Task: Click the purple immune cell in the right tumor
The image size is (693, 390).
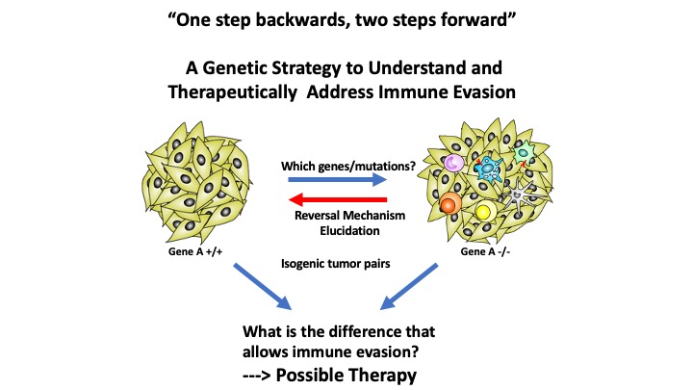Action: coord(453,163)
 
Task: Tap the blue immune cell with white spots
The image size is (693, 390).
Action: coord(487,169)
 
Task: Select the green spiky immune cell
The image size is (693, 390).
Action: coord(525,153)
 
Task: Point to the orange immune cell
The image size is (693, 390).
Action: coord(450,204)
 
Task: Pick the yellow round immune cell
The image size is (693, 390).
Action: coord(484,211)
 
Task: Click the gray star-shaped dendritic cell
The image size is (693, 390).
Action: coord(519,194)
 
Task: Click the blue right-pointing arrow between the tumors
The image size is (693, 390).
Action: coord(338,179)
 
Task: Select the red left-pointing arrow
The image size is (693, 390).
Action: coord(338,200)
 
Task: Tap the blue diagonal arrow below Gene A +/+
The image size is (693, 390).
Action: coord(263,287)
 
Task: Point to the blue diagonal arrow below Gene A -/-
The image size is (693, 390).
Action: coord(409,287)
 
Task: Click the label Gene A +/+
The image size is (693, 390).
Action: coord(195,251)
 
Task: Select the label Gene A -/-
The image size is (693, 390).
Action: coord(485,251)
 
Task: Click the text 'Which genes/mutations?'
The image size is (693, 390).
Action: coord(348,167)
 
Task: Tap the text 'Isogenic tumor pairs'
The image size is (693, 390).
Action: coord(336,264)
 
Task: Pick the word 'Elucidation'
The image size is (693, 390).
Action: coord(349,231)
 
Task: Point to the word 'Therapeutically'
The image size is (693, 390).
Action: coord(233,92)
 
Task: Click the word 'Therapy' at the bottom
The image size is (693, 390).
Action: coord(380,376)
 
